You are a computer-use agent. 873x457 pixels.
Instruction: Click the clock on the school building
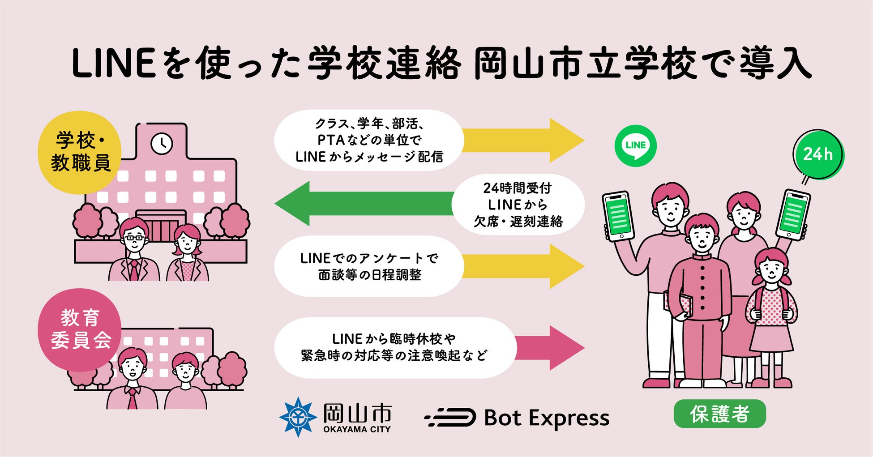[161, 144]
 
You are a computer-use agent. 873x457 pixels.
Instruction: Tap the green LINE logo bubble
[635, 145]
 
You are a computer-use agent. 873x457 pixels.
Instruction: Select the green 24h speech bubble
[818, 154]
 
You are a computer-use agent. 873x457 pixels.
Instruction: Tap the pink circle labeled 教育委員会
[80, 329]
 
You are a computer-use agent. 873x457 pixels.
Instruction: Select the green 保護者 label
[719, 414]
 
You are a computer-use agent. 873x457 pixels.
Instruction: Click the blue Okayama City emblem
[297, 417]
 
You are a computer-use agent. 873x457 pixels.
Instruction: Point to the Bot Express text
[547, 418]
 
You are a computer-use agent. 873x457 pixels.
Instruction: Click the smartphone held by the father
[619, 217]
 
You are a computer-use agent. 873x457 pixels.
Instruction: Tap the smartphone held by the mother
[793, 215]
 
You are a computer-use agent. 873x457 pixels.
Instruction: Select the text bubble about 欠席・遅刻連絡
[518, 205]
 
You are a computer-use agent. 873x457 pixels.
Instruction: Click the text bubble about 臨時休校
[394, 348]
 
